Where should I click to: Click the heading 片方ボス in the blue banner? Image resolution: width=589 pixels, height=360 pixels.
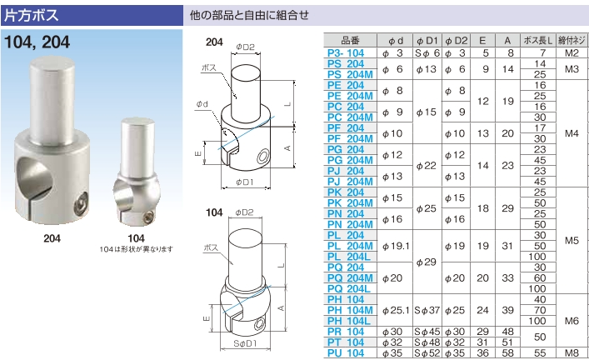31,15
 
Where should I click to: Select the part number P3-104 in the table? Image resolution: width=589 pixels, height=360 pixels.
346,53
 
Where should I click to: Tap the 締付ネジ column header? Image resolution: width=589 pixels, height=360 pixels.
572,40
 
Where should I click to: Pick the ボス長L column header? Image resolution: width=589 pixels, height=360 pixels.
538,40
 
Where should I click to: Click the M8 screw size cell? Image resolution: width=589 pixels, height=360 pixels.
572,353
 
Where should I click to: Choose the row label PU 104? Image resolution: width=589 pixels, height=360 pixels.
346,353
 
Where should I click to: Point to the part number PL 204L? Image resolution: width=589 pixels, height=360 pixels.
348,257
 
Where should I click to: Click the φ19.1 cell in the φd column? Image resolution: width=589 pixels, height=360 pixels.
396,246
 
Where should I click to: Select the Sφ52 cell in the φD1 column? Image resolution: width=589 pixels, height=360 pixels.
427,353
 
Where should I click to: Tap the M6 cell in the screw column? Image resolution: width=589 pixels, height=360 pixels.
572,321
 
